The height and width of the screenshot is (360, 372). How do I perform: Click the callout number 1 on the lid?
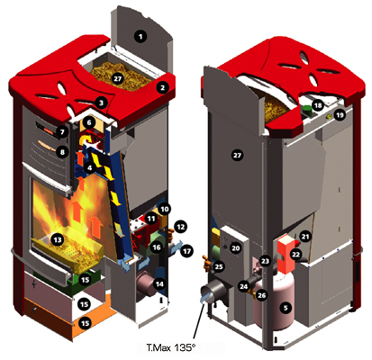click(x=140, y=35)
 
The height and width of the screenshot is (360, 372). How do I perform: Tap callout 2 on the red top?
click(x=162, y=87)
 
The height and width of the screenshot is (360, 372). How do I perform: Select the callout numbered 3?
click(x=102, y=103)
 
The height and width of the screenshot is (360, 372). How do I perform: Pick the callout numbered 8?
click(x=61, y=152)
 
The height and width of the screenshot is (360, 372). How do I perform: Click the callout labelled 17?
click(x=188, y=253)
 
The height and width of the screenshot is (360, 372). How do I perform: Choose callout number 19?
click(x=340, y=115)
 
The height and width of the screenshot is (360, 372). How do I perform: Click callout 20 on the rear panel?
click(x=235, y=247)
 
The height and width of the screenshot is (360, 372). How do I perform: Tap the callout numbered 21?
click(x=305, y=236)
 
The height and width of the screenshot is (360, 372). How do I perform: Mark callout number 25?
click(x=218, y=267)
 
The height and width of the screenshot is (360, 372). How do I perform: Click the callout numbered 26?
click(x=262, y=293)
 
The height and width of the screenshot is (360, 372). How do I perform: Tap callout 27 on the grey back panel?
click(x=238, y=154)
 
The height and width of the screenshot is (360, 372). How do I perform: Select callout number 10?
click(x=165, y=209)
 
